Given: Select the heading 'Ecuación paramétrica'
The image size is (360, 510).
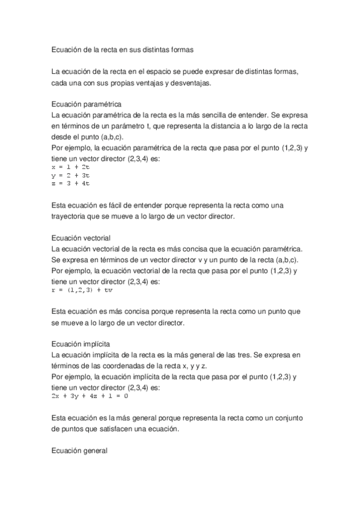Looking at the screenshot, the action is point(87,103).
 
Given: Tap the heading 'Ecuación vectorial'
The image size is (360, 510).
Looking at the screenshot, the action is point(81,238).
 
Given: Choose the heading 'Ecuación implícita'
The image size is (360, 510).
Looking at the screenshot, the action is point(81,345).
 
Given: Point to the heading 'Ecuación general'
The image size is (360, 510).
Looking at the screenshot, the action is point(79,449).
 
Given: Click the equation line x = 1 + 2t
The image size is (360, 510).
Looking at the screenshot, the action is point(71,167).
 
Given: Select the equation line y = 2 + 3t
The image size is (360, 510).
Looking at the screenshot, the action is point(71,174).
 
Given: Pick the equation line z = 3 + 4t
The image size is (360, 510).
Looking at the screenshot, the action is point(71,182).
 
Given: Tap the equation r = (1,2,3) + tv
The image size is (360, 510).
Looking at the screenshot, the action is point(82,290).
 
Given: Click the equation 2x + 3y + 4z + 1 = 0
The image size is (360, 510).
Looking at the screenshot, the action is point(90,397).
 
